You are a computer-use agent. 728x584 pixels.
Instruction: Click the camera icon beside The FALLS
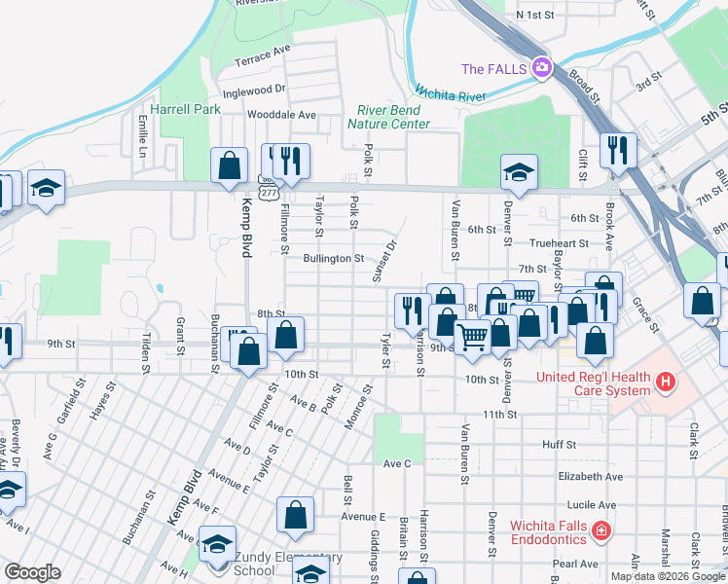click(541, 69)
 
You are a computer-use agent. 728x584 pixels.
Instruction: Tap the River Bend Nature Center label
click(393, 117)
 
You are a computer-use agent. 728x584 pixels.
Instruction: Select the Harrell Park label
click(185, 109)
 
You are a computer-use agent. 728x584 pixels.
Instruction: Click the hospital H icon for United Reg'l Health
click(666, 383)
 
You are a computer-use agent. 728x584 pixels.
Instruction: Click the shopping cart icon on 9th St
click(473, 337)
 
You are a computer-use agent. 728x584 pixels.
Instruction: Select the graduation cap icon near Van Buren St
click(519, 172)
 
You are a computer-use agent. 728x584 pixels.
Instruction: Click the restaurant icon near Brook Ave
click(618, 150)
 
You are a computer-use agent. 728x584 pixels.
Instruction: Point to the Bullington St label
click(333, 259)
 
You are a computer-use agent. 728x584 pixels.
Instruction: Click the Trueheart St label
click(559, 243)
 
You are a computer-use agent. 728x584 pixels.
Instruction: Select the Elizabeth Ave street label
click(590, 477)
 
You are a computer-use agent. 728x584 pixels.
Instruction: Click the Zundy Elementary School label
click(273, 564)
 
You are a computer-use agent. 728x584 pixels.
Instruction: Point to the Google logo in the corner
click(32, 572)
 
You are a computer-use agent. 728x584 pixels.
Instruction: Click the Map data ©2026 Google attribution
click(668, 576)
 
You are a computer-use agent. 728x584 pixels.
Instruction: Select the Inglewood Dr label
click(253, 90)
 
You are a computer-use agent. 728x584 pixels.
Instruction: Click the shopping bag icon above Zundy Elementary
click(295, 515)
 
